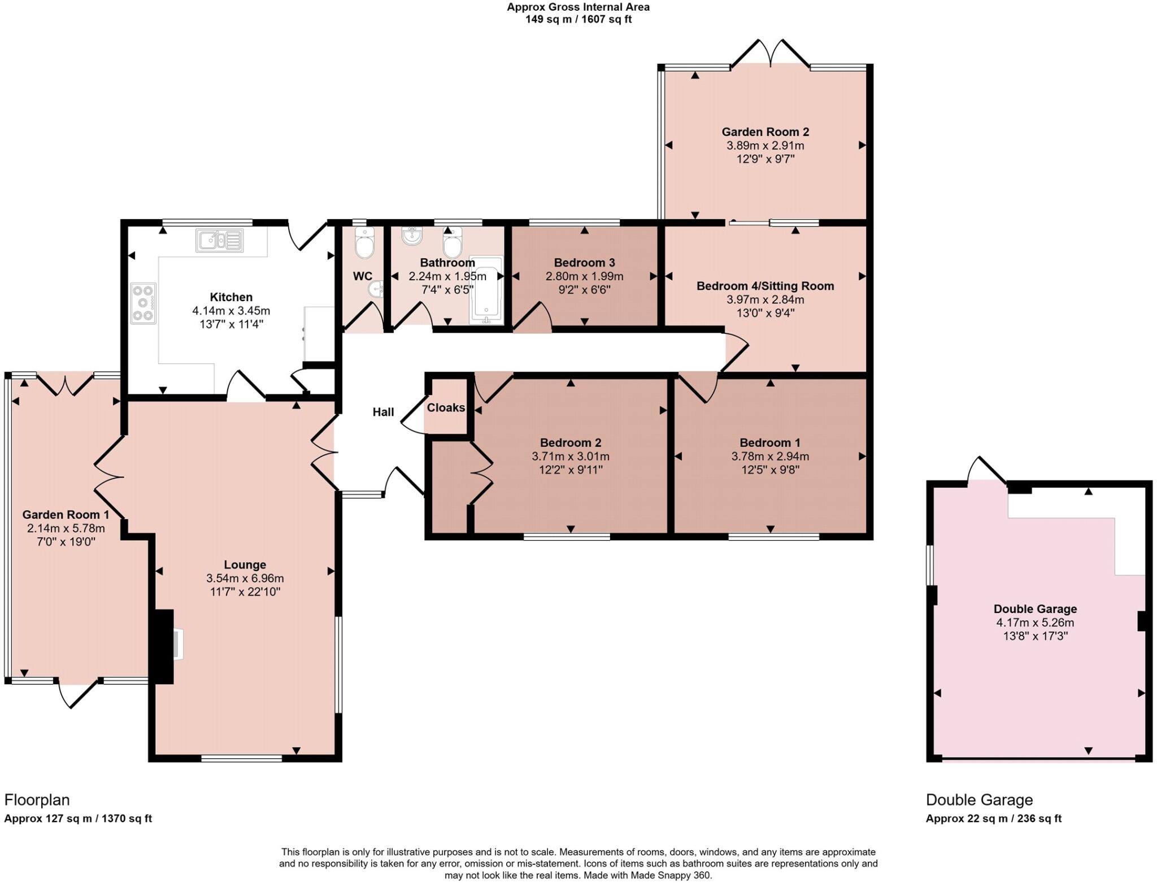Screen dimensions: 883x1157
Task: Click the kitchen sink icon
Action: tap(220, 240)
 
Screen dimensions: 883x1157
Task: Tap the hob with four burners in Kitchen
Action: tap(143, 303)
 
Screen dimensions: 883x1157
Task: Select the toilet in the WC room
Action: tap(364, 243)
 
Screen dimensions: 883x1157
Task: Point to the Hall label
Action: tap(383, 412)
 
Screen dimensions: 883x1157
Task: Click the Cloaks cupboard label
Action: tap(446, 408)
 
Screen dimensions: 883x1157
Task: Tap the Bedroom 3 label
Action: tap(584, 263)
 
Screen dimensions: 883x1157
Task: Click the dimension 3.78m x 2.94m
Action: tap(770, 456)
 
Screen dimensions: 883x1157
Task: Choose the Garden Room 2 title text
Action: tap(765, 132)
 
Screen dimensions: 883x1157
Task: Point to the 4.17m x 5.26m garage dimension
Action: tap(1035, 623)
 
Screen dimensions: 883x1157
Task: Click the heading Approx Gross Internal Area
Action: tap(578, 7)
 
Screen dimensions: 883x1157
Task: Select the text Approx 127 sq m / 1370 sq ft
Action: tap(78, 819)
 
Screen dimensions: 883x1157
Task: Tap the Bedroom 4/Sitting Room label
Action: tap(765, 286)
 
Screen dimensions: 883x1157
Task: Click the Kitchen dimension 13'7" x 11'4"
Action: tap(231, 324)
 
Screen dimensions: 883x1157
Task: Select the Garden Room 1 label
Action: tap(66, 515)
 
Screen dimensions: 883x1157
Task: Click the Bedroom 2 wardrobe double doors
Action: tap(481, 472)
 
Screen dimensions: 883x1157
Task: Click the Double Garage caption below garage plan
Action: tap(979, 800)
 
